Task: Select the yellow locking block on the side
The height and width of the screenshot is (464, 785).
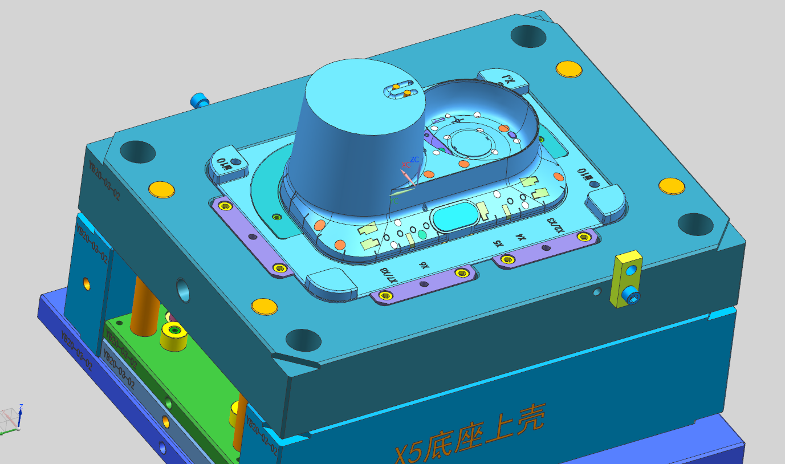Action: [x=625, y=280]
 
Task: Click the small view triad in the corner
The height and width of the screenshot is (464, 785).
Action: [x=11, y=419]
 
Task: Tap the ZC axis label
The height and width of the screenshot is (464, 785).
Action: [x=414, y=160]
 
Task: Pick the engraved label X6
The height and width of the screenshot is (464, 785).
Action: [x=423, y=265]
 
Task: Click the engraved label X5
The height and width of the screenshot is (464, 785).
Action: [x=499, y=243]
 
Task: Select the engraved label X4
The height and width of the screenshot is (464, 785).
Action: [x=520, y=237]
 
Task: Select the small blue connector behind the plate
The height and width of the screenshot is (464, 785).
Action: [x=200, y=101]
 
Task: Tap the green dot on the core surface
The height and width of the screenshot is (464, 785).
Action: [x=422, y=234]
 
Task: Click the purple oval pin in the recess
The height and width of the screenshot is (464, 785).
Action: [x=512, y=135]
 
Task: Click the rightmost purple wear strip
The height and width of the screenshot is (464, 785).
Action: [x=544, y=248]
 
